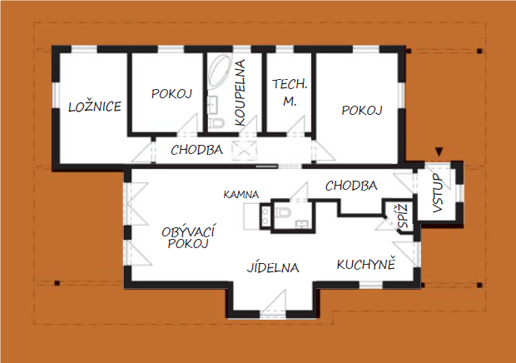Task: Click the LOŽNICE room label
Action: [x=95, y=107]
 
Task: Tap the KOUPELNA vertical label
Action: [x=241, y=92]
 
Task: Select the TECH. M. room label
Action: [x=290, y=92]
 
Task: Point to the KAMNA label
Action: [x=241, y=195]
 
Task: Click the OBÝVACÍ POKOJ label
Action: [x=188, y=237]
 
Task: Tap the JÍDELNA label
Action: [x=273, y=267]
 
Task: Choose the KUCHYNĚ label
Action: [x=365, y=264]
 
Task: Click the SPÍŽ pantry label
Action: [x=404, y=216]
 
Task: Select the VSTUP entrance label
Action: [x=438, y=193]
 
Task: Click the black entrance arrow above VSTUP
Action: [x=439, y=152]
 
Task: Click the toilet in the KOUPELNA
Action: [x=217, y=123]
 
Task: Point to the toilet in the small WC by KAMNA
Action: [x=282, y=212]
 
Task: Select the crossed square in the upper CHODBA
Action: [x=244, y=151]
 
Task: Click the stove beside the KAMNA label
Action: [x=265, y=216]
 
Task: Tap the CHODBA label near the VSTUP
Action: [x=351, y=186]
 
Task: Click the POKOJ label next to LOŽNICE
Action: [x=171, y=93]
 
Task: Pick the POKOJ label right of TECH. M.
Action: [x=362, y=110]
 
